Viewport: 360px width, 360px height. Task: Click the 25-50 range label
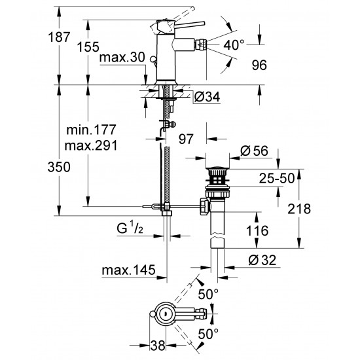(x=258, y=177)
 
